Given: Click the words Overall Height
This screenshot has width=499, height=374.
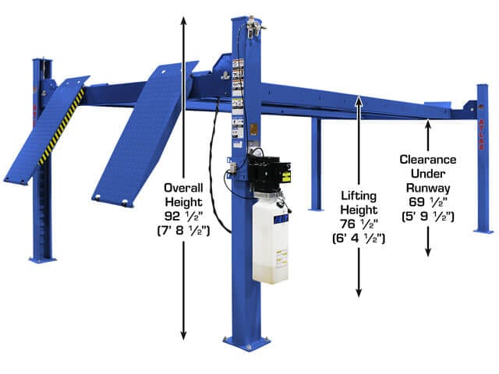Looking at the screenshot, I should (x=184, y=196).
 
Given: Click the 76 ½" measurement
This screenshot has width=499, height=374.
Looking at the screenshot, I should (x=359, y=223).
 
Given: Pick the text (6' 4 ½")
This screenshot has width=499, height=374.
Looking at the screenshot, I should (x=359, y=237).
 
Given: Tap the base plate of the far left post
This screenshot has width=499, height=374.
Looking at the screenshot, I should (x=43, y=259).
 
